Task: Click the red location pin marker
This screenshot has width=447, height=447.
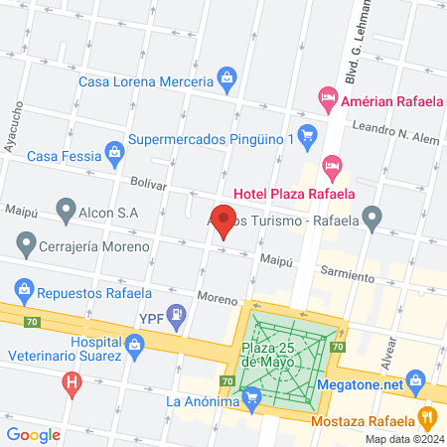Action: (x=225, y=220)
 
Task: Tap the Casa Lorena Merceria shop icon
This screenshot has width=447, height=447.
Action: (x=227, y=77)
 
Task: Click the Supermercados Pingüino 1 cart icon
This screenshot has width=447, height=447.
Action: (x=308, y=133)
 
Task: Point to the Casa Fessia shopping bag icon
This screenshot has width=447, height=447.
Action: (x=115, y=152)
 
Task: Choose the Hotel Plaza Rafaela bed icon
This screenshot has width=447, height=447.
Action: (x=333, y=163)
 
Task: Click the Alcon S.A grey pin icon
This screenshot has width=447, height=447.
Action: (x=66, y=209)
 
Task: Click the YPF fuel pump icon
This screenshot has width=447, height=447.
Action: (x=176, y=316)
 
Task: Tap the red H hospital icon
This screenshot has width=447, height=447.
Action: (x=71, y=380)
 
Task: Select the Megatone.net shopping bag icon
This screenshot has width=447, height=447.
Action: (x=416, y=378)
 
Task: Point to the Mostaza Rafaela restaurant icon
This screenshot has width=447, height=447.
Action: (x=427, y=416)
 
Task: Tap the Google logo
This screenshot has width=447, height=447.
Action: (x=34, y=433)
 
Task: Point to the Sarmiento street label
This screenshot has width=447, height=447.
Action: (x=347, y=270)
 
